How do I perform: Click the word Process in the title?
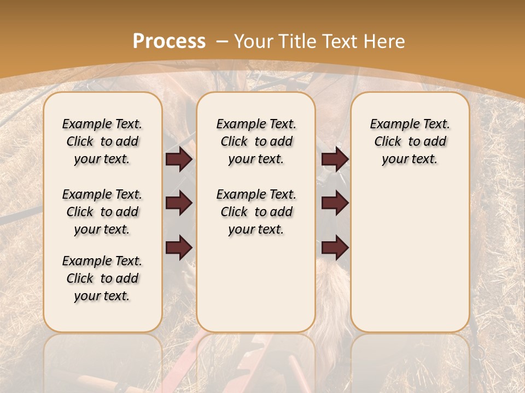[x=169, y=41]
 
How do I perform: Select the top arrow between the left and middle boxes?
[x=179, y=159]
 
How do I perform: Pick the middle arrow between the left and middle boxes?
[x=179, y=203]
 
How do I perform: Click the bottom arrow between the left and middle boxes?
[x=179, y=247]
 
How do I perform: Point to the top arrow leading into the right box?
[x=335, y=159]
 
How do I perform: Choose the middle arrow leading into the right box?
[x=335, y=203]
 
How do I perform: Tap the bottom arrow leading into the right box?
[x=335, y=247]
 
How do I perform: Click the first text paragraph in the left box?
[x=102, y=141]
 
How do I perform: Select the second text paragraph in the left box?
[x=102, y=212]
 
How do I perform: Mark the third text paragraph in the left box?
[x=102, y=278]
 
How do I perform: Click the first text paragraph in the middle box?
[x=256, y=141]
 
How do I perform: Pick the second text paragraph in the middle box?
[x=256, y=212]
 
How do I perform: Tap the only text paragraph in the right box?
[x=410, y=141]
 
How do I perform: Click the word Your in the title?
[x=254, y=41]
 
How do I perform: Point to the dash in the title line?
[x=222, y=41]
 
